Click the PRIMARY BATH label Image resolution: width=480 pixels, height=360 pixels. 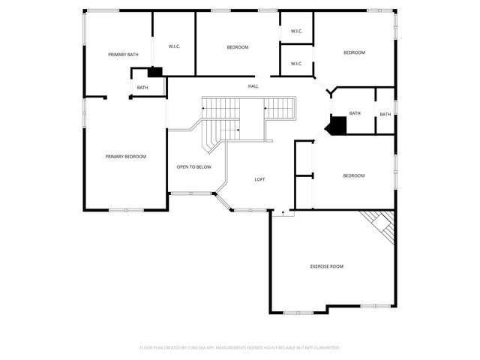[123, 55]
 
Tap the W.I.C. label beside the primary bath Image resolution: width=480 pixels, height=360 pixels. [174, 46]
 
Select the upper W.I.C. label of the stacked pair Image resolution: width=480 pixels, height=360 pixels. [296, 31]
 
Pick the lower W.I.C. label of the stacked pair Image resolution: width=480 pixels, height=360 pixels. [296, 64]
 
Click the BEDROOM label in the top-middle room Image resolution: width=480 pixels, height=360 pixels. [238, 47]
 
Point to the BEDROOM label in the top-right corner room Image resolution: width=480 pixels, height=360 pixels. [354, 52]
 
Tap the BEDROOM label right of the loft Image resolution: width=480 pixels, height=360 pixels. [353, 175]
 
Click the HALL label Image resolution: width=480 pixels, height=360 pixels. [253, 86]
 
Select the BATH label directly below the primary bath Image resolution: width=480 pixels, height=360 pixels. [142, 88]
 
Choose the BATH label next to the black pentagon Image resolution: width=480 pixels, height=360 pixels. [355, 113]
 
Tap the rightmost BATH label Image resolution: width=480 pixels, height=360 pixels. [385, 114]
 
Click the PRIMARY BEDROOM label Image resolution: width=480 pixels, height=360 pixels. [125, 156]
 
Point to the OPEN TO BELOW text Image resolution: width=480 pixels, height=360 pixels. [193, 166]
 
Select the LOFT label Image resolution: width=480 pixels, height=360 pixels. [259, 179]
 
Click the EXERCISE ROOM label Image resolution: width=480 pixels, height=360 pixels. [327, 266]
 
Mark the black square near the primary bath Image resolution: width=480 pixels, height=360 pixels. [155, 72]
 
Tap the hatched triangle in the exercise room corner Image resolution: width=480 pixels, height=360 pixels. [381, 222]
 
